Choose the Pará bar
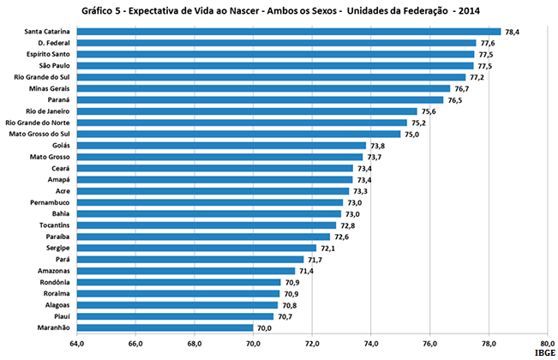(x=189, y=259)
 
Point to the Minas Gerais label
(x=47, y=88)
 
